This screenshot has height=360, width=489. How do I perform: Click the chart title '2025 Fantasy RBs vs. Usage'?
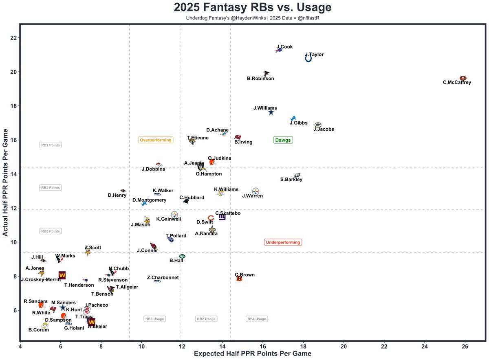(253, 7)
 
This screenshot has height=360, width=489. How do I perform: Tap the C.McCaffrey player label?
(457, 82)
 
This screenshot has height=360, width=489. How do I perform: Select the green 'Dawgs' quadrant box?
(283, 140)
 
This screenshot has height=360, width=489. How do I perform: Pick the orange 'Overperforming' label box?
(156, 140)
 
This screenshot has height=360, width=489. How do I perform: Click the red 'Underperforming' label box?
(283, 242)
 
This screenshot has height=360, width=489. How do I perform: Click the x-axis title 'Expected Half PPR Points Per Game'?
(252, 353)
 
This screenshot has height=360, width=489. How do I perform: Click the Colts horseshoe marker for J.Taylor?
(308, 59)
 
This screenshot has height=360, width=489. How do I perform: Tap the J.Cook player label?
(284, 47)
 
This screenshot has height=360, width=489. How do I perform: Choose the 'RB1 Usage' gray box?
(257, 319)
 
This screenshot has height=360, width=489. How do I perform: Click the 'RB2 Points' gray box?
(51, 188)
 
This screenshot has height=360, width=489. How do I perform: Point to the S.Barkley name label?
(291, 180)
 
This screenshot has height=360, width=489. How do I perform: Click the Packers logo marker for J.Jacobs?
(318, 125)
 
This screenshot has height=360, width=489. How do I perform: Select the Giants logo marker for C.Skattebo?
(222, 217)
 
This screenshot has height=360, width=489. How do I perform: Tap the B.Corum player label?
(39, 330)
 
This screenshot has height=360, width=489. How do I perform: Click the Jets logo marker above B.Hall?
(182, 256)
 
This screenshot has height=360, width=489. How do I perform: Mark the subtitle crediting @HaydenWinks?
(253, 18)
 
